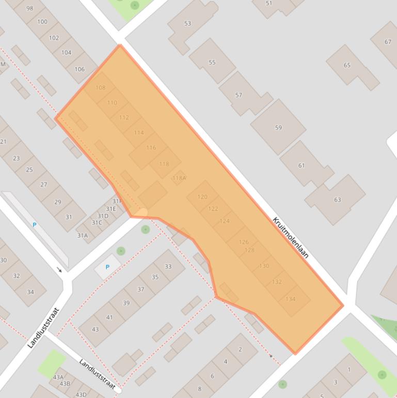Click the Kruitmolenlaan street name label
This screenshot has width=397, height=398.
click(x=290, y=237)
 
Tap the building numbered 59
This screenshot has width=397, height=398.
click(x=278, y=128)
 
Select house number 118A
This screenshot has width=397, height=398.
click(x=179, y=178)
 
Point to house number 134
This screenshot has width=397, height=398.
click(x=290, y=299)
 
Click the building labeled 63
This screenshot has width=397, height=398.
click(x=337, y=200)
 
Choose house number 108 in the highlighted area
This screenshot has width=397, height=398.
click(x=100, y=88)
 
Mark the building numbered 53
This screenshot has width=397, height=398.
click(x=187, y=24)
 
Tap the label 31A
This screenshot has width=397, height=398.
click(x=83, y=235)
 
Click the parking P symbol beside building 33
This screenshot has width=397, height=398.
click(x=107, y=267)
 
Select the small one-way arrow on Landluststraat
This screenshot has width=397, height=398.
click(x=59, y=270)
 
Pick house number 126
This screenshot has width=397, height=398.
click(x=244, y=242)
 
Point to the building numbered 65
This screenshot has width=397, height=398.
click(x=347, y=65)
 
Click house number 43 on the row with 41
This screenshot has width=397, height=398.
click(x=95, y=329)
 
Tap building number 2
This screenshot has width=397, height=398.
click(x=240, y=349)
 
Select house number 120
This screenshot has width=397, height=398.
click(x=202, y=197)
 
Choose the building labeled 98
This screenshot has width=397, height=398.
click(x=29, y=8)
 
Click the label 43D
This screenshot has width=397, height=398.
click(x=81, y=394)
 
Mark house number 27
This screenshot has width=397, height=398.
click(x=43, y=184)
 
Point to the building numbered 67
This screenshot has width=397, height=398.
click(x=388, y=42)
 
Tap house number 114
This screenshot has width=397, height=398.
click(x=139, y=133)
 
